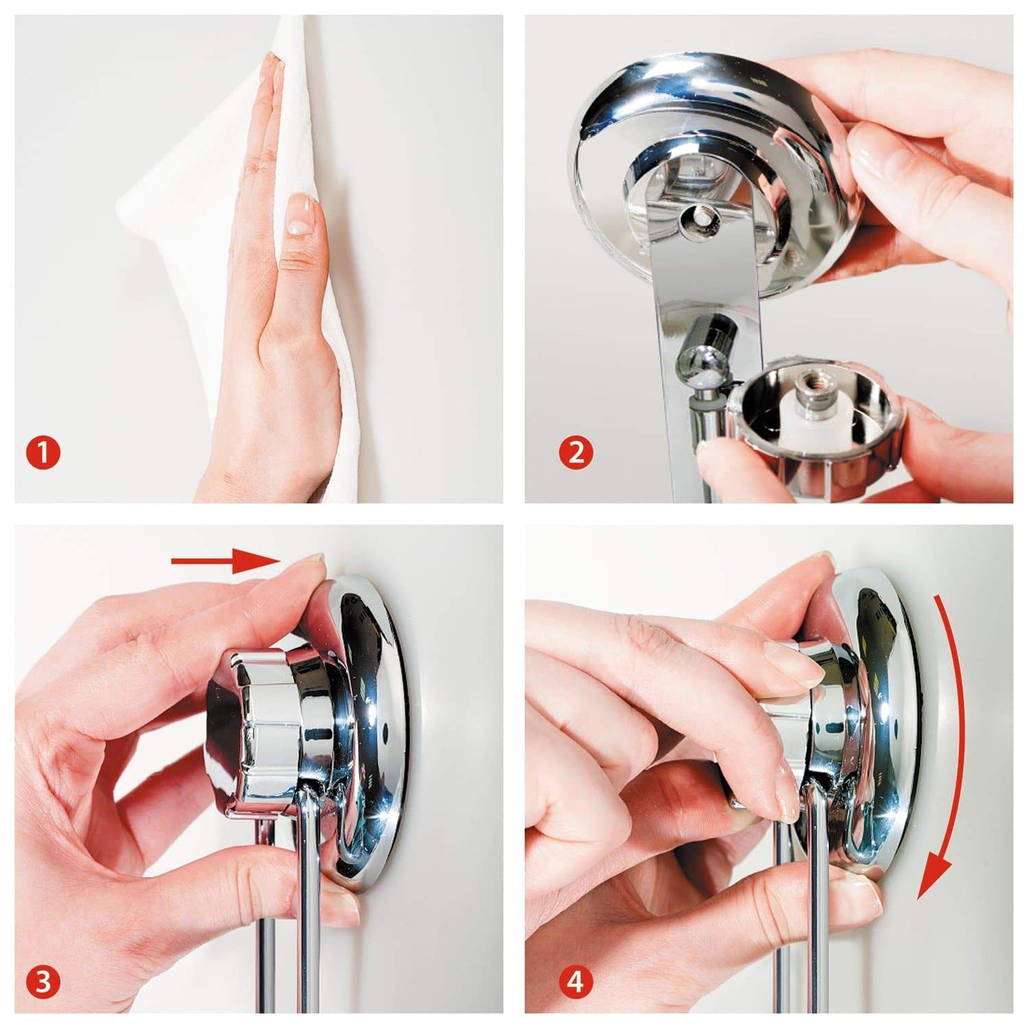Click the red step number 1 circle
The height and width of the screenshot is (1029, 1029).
(x=43, y=453)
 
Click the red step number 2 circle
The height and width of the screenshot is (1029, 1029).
(x=575, y=453)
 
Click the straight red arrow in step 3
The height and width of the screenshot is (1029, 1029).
(x=225, y=560)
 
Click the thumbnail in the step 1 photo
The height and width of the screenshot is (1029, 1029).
(x=302, y=214)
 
